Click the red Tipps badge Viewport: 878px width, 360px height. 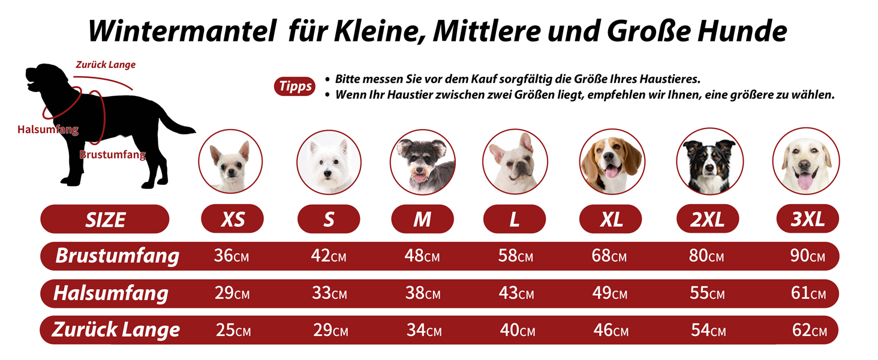click(296, 86)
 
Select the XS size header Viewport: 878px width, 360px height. click(233, 219)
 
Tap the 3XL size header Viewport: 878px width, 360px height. click(807, 219)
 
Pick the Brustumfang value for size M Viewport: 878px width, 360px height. click(422, 256)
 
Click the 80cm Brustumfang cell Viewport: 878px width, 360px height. click(706, 256)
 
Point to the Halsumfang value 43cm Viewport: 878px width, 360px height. click(516, 293)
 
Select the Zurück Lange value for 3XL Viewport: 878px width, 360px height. click(809, 330)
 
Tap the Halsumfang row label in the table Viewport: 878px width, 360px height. click(110, 293)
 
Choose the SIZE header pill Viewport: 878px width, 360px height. click(105, 219)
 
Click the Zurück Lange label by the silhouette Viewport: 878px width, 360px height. click(106, 65)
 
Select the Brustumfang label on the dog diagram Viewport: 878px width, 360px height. click(113, 155)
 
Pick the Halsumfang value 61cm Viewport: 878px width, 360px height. click(808, 293)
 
